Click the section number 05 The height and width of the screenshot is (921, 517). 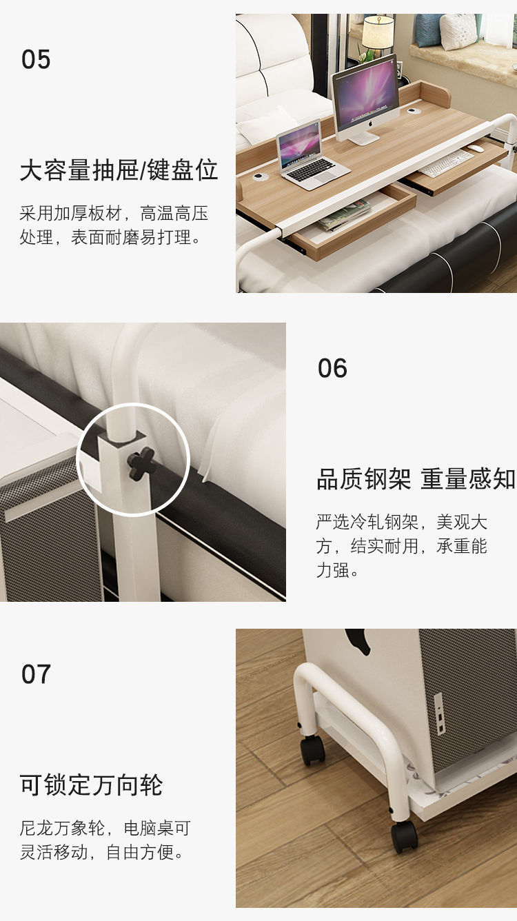(x=36, y=59)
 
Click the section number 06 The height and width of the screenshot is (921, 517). (x=332, y=368)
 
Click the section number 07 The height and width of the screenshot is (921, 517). (x=36, y=674)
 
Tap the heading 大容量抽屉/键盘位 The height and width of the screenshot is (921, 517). (x=119, y=170)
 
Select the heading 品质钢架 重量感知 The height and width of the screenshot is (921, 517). (x=416, y=478)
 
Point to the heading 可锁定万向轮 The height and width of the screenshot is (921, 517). (x=91, y=785)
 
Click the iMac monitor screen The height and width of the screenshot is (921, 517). (x=365, y=93)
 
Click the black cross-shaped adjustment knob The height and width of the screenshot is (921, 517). (x=140, y=463)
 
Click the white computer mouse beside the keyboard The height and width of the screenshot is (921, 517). (x=476, y=148)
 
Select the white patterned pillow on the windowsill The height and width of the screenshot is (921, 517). (x=458, y=32)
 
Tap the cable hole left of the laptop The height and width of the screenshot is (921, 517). (x=259, y=176)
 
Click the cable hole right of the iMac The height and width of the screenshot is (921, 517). (x=414, y=110)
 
